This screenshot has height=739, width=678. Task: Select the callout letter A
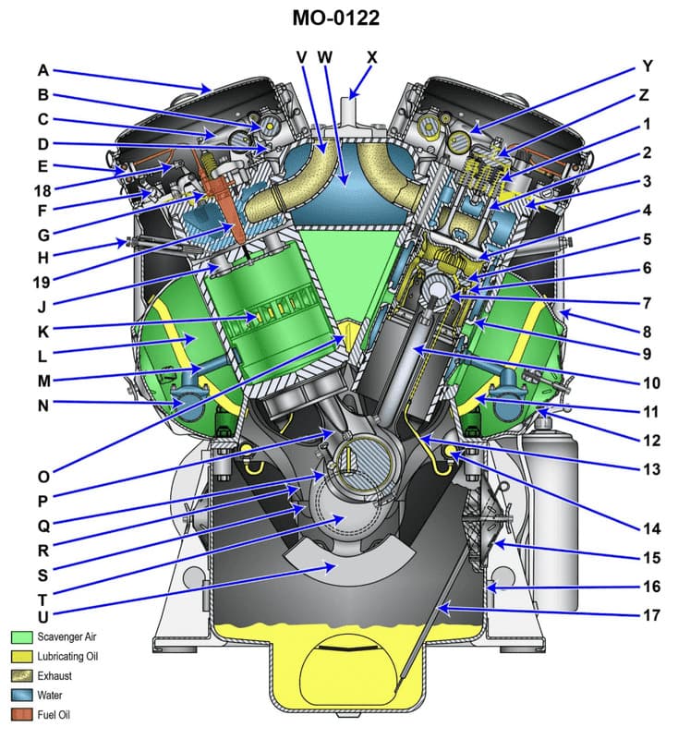[43, 69]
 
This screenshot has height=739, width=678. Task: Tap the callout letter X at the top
[371, 57]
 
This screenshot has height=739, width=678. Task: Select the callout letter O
[43, 477]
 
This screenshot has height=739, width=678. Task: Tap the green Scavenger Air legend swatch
[22, 637]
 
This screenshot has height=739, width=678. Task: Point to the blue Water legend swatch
[22, 695]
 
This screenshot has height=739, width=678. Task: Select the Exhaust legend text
[55, 675]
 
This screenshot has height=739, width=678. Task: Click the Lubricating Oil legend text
[69, 656]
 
